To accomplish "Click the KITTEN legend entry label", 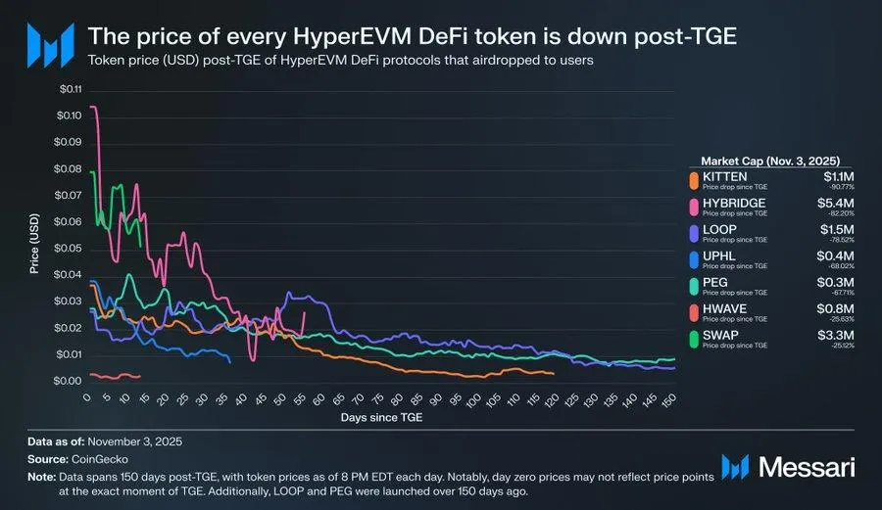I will tap(725, 176).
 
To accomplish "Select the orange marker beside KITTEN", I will tap(694, 180).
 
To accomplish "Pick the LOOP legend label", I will tap(720, 231).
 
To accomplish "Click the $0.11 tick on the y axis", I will tap(72, 90).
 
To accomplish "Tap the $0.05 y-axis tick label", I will tap(72, 249).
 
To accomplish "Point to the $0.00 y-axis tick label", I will tap(72, 381).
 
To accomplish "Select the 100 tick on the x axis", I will tap(474, 398).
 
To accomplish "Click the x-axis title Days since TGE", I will tap(382, 417).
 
